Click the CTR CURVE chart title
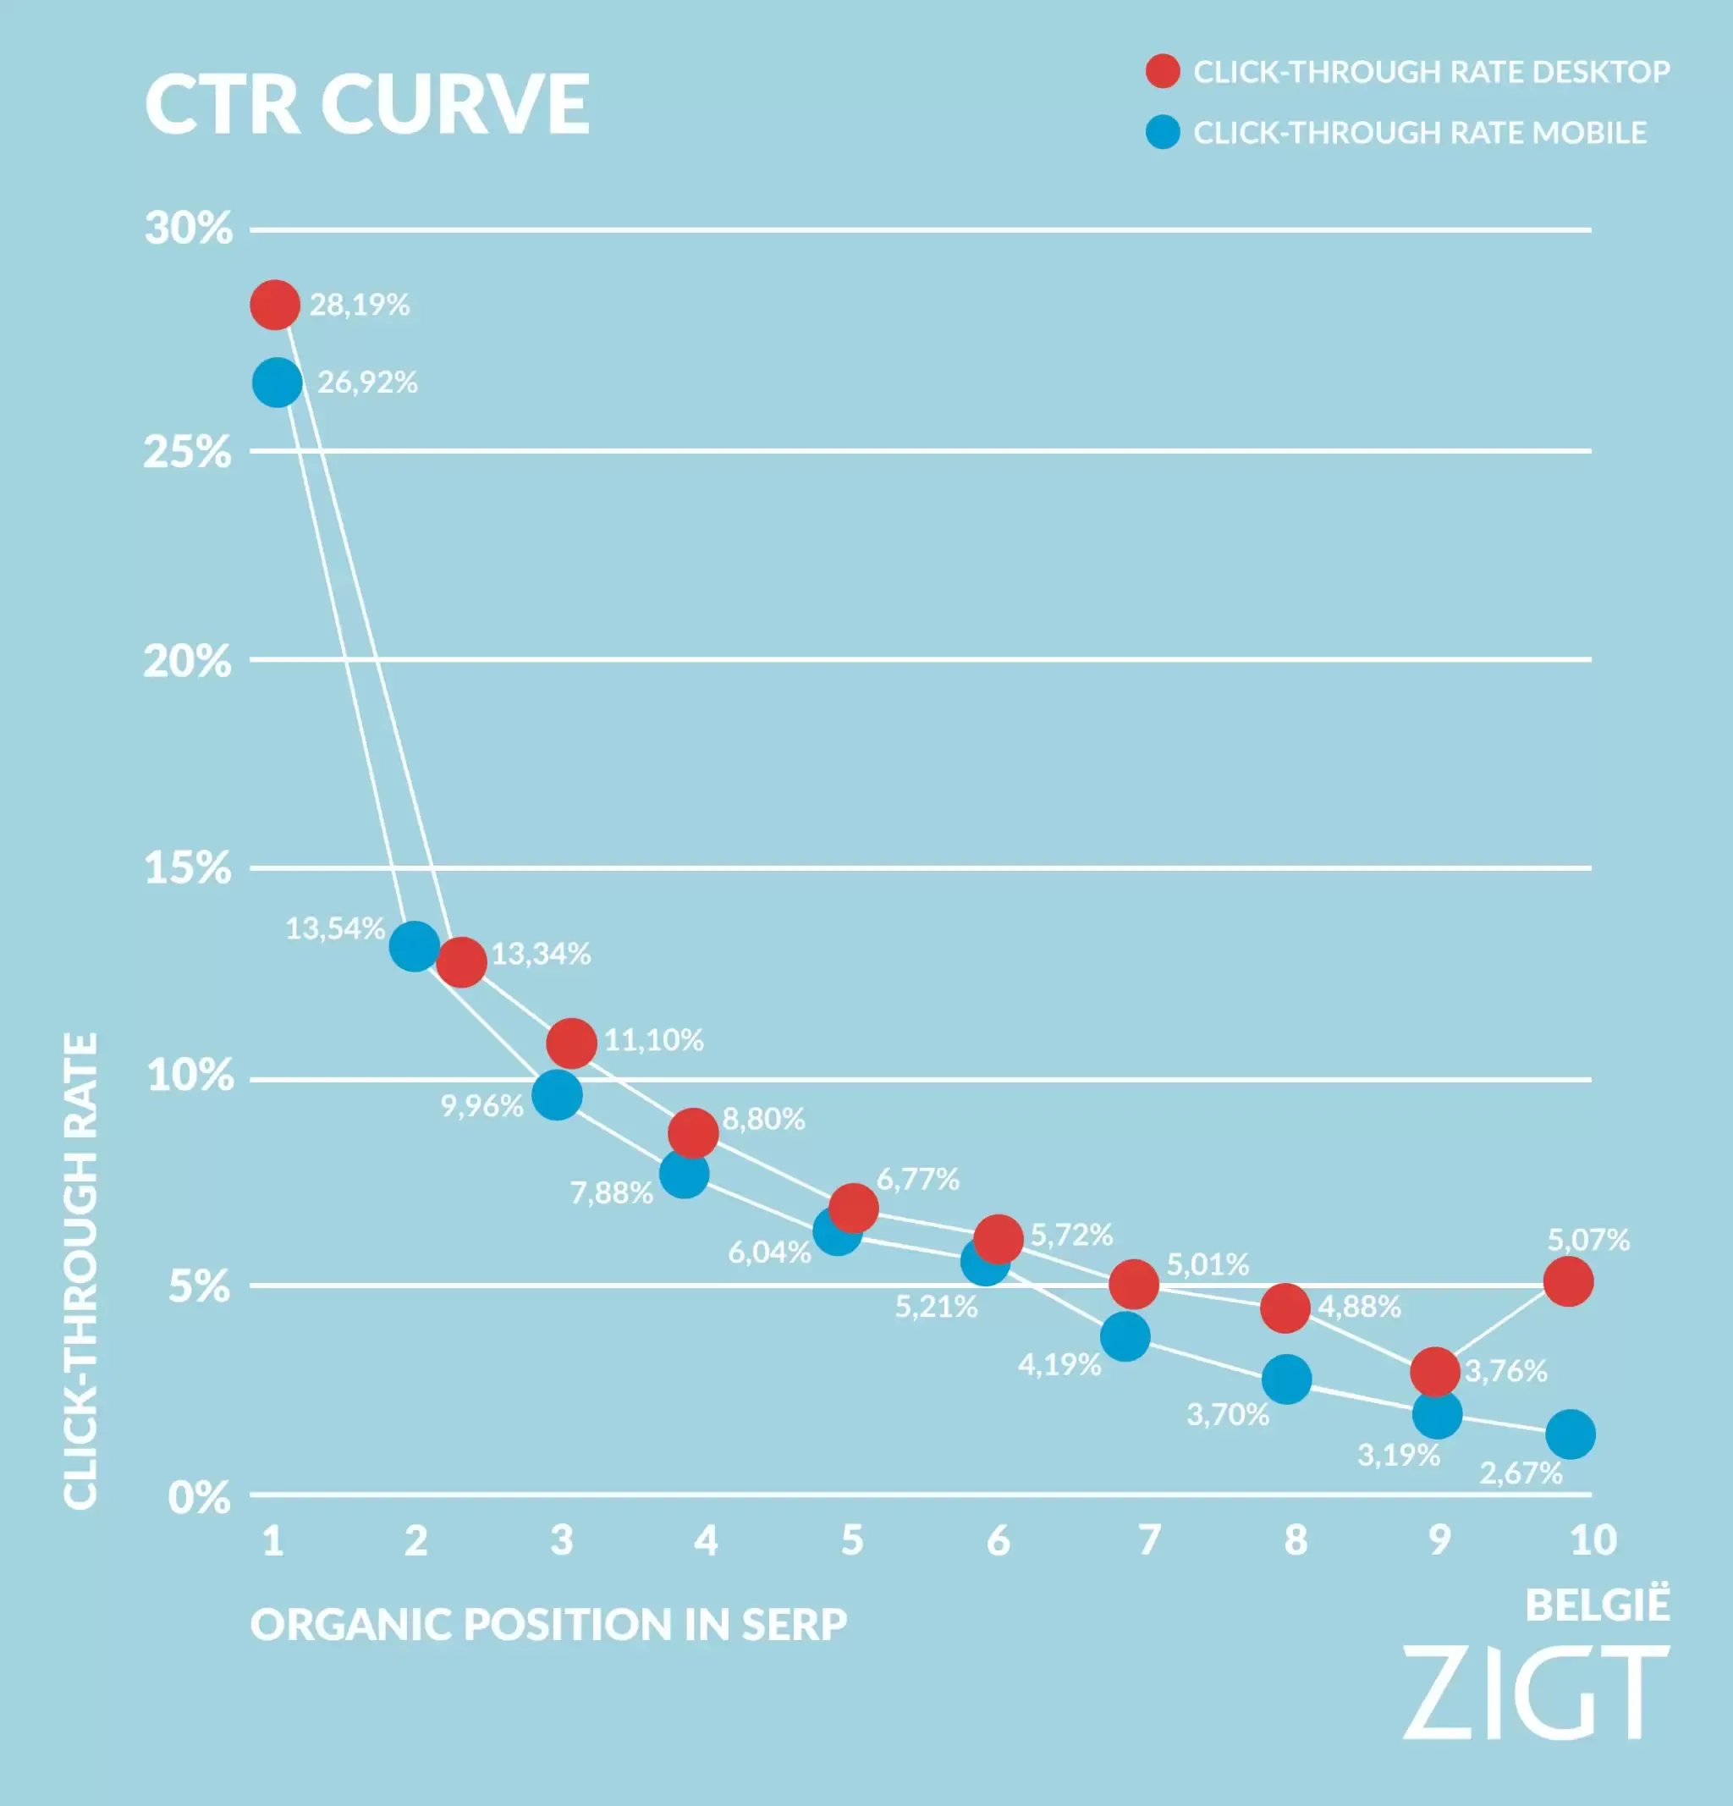point(366,104)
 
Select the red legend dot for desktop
point(1163,71)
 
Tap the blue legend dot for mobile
point(1163,132)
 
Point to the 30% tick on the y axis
point(188,228)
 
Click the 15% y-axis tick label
point(187,867)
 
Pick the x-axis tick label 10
point(1593,1539)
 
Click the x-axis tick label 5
point(852,1539)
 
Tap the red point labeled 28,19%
point(274,304)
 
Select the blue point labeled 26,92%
point(278,382)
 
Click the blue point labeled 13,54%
point(414,945)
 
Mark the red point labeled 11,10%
point(571,1043)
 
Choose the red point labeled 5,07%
point(1568,1280)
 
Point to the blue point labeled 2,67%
point(1571,1434)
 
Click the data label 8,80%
point(763,1119)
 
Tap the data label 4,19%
point(1059,1364)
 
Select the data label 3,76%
point(1506,1371)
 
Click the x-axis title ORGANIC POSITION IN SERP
point(548,1623)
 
